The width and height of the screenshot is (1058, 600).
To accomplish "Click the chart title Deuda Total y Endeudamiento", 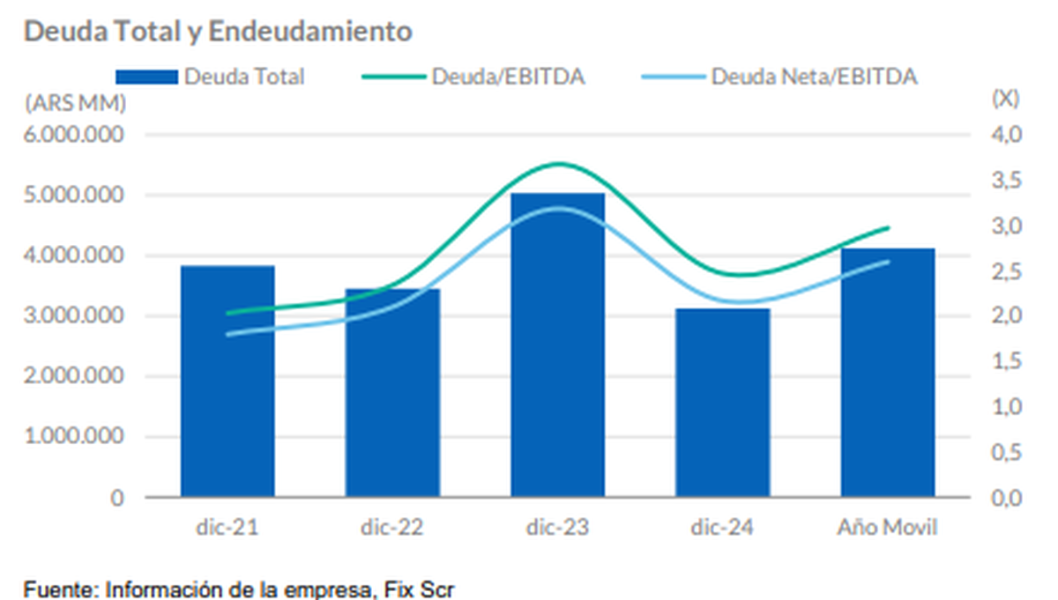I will pyautogui.click(x=218, y=32).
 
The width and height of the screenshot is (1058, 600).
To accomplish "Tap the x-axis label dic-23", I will pyautogui.click(x=557, y=529).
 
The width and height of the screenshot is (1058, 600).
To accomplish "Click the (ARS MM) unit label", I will pyautogui.click(x=75, y=102).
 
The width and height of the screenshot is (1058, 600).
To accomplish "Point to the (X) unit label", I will pyautogui.click(x=1005, y=99).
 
